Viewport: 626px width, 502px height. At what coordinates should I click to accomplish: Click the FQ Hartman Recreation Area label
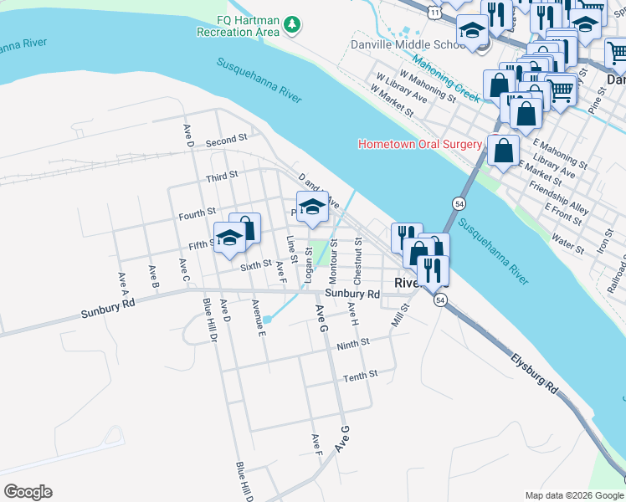pos(237,26)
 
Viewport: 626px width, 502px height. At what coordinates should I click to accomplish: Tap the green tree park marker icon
pos(292,25)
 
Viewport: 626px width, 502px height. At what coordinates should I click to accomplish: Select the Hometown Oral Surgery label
pos(419,144)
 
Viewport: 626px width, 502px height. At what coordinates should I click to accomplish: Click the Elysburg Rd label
pos(535,373)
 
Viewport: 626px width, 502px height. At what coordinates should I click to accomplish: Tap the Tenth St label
pos(361,377)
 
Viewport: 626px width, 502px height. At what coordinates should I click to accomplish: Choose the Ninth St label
pos(352,345)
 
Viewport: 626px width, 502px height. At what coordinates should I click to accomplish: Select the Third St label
pos(222,177)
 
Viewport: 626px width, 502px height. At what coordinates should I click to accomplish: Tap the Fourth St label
pos(198,214)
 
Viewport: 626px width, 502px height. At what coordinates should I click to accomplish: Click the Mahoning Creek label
pos(445,76)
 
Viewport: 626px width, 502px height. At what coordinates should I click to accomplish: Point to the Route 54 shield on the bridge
pos(459,203)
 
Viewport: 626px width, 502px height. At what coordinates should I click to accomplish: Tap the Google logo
pos(28,492)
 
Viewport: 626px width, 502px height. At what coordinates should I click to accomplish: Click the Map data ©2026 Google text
pos(574,494)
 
